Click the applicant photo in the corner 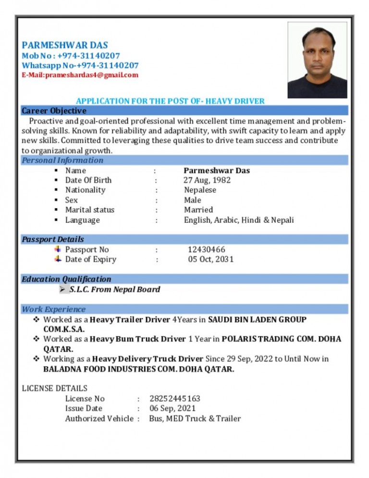[317, 60]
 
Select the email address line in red [80, 75]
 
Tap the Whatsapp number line [80, 65]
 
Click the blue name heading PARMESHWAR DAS [65, 45]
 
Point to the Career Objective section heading [54, 111]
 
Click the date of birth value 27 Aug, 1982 [207, 180]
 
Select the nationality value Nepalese [200, 190]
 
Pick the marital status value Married [198, 210]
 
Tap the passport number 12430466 [206, 250]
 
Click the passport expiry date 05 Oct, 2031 [210, 260]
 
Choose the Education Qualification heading [66, 279]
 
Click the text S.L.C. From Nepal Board [114, 289]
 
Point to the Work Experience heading [54, 309]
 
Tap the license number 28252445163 [175, 399]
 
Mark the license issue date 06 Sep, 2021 [172, 409]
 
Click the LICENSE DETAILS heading [55, 388]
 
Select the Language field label [83, 220]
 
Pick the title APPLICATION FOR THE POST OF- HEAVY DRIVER [170, 101]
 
